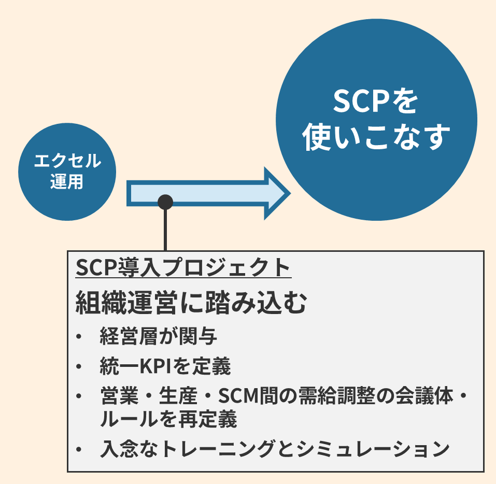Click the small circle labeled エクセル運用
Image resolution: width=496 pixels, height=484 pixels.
(67, 172)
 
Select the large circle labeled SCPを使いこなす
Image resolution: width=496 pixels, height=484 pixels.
(376, 120)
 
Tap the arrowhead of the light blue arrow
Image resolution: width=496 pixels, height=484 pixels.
(275, 193)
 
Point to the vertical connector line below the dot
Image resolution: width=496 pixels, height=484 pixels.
(165, 231)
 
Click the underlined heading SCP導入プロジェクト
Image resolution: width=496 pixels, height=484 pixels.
(183, 267)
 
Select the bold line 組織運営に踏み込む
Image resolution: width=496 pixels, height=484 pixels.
(191, 302)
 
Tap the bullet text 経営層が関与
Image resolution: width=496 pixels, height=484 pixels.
(158, 337)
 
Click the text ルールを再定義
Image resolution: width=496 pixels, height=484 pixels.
(168, 419)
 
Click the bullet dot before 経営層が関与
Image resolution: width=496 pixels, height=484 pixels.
(78, 338)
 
